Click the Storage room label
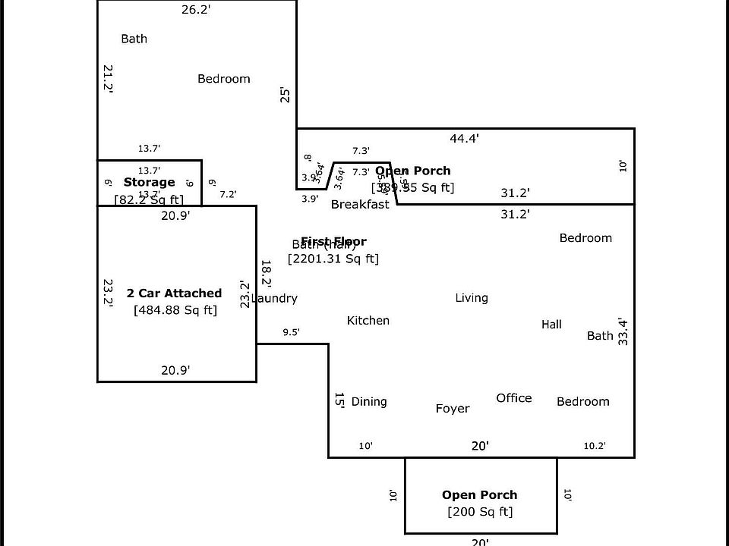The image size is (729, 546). coord(149,182)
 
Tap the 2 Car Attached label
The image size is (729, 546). coord(174,293)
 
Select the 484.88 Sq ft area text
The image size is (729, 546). coord(175,309)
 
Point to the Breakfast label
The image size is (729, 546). coord(360,204)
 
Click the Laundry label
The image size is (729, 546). coord(274,299)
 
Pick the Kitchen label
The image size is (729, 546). coord(368,321)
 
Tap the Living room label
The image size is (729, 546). coord(472,298)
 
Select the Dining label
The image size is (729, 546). coord(369,402)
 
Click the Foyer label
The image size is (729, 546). coord(453,409)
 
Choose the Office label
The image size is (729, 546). coord(514,398)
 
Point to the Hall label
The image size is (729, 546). coord(551,325)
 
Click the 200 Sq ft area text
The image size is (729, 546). coord(480,512)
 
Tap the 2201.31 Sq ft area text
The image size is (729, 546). coord(333,259)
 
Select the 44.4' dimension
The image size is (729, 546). coord(464,138)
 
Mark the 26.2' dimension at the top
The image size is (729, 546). coord(195,10)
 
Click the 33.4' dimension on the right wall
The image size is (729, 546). coord(623,331)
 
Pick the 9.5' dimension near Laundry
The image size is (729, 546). coord(291,332)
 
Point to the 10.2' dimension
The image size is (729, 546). coord(595,446)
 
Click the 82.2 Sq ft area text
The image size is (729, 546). coord(149,199)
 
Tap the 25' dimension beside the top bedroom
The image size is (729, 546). coord(286,95)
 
